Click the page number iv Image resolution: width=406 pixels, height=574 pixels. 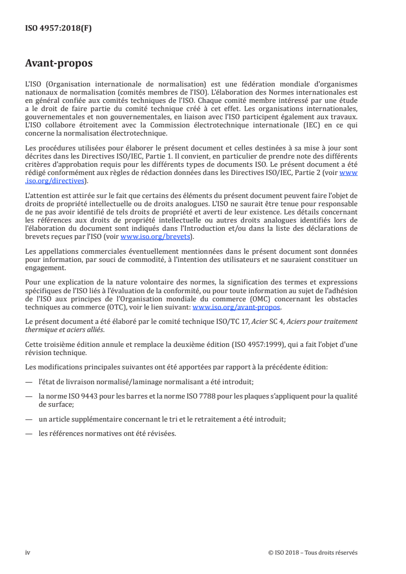point(28,553)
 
